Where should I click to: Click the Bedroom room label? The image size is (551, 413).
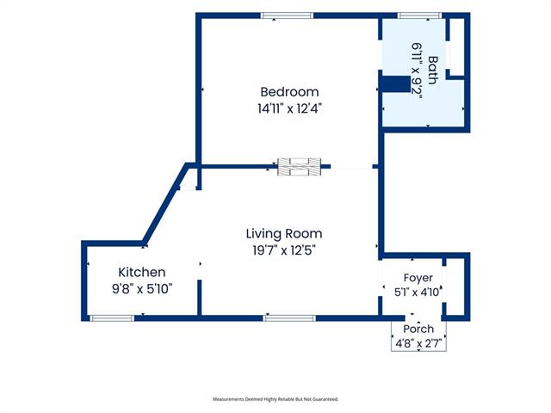[289, 92]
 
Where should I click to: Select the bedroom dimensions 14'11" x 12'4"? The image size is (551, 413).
[289, 108]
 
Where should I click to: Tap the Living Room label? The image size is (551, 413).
[284, 233]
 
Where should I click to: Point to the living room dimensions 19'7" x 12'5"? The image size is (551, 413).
[284, 250]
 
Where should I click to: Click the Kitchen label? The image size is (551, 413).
[141, 272]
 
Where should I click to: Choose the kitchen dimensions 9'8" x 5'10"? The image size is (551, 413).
[142, 289]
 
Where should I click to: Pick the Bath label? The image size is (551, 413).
[433, 70]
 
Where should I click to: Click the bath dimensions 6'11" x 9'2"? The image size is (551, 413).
[417, 71]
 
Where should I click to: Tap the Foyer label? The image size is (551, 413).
[418, 278]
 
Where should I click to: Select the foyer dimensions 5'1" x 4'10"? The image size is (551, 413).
[418, 292]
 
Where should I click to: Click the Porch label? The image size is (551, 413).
[418, 329]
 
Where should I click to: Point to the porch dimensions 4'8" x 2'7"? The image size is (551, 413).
[418, 343]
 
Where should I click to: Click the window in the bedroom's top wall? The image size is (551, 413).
[287, 15]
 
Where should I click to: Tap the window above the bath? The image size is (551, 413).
[419, 15]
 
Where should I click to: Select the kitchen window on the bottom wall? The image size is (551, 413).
[112, 318]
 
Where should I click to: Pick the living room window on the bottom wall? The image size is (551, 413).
[289, 318]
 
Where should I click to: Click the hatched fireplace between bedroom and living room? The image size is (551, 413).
[300, 167]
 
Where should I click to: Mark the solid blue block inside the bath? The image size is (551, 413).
[396, 84]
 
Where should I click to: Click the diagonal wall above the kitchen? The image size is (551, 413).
[165, 203]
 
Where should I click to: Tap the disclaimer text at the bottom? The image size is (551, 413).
[275, 399]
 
